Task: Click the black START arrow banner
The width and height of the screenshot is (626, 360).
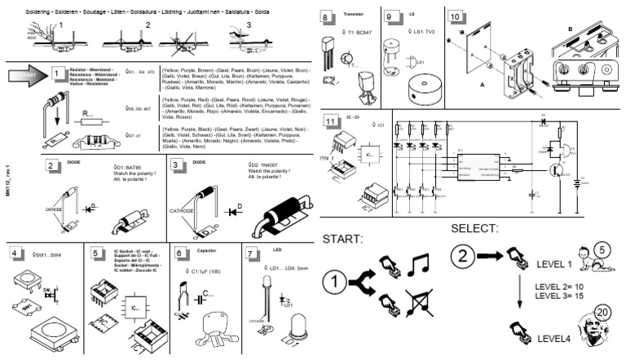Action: point(23,77)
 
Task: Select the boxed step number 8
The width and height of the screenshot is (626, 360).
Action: point(327,17)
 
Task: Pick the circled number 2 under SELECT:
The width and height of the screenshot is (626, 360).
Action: point(462,256)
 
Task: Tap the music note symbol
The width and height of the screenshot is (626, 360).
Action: point(417,264)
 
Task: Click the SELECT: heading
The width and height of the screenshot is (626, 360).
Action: point(486,227)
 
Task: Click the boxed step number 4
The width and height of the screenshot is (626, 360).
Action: point(15,254)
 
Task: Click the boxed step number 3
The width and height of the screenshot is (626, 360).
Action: point(177,165)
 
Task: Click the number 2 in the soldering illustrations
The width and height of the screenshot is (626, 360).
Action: point(148,26)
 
